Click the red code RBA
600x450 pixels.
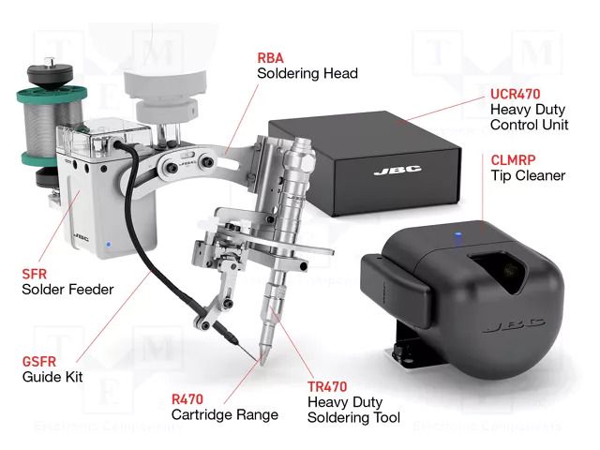pyautogui.click(x=271, y=57)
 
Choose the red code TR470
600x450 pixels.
pyautogui.click(x=328, y=384)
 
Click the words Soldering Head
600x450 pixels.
pyautogui.click(x=307, y=73)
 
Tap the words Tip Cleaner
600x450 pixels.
pyautogui.click(x=528, y=175)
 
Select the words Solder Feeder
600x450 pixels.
pyautogui.click(x=67, y=290)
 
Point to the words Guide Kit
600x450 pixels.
pyautogui.click(x=52, y=377)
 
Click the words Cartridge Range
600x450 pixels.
pyautogui.click(x=224, y=414)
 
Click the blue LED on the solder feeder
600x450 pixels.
pyautogui.click(x=110, y=247)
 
